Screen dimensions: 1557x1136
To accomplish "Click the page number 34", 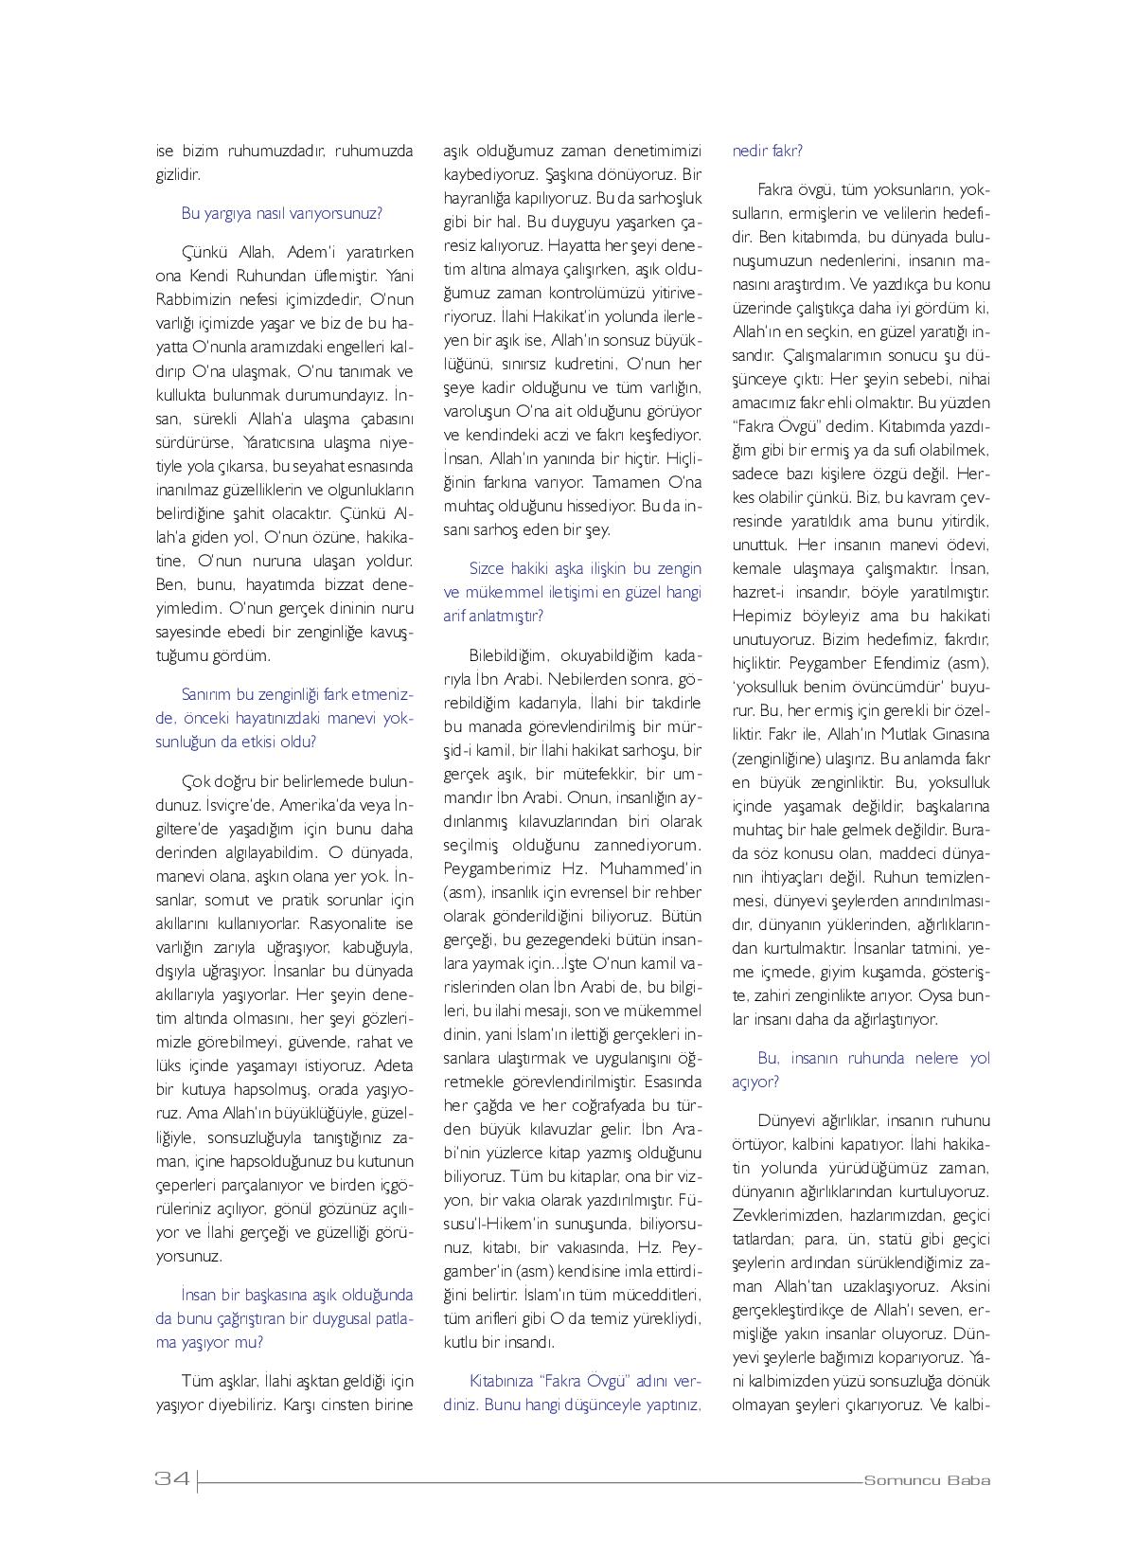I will tap(172, 1479).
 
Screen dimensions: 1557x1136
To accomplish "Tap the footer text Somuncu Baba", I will tap(927, 1480).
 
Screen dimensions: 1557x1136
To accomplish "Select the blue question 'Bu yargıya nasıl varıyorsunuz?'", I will tap(281, 213).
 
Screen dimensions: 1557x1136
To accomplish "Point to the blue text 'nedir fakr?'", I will tap(768, 151).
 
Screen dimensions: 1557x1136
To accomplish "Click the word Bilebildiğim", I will tap(508, 654).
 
